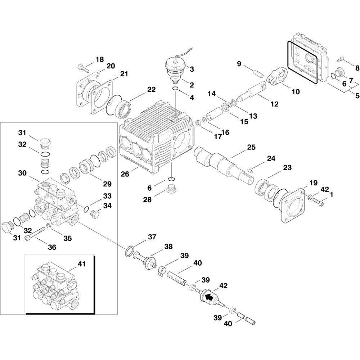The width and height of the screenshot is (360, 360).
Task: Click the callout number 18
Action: pos(99,59)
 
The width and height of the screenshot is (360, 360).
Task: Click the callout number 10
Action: pos(295,91)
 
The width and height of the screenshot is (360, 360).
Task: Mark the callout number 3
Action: pos(192,69)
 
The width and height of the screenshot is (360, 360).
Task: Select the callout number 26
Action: pos(125,174)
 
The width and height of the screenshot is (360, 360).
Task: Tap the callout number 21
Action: pos(124,74)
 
